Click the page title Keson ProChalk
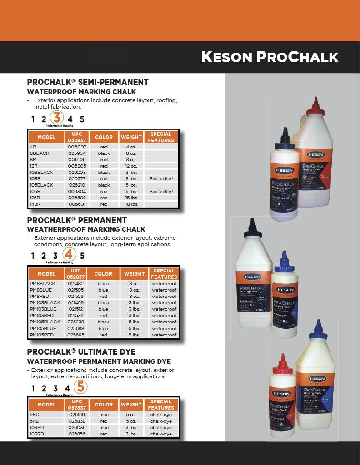click(x=270, y=57)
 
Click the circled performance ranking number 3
click(x=56, y=118)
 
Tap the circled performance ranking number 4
click(x=69, y=254)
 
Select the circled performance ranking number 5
click(x=80, y=387)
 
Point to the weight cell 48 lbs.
click(x=131, y=204)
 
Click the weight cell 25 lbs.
click(x=131, y=198)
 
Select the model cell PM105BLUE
click(x=43, y=328)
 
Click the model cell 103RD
click(x=37, y=434)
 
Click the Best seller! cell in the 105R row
click(x=161, y=192)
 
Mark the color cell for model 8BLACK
click(x=104, y=153)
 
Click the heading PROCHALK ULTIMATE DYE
click(x=81, y=352)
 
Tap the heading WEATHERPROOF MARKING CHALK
click(x=86, y=229)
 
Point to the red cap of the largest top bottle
click(x=313, y=107)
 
